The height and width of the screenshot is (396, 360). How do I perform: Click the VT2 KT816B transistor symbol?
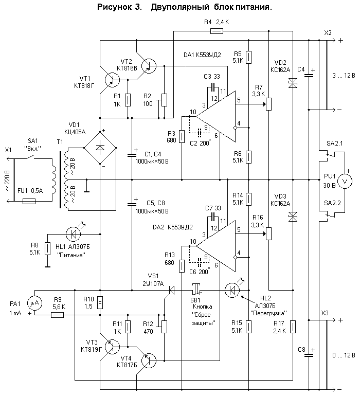click(149, 65)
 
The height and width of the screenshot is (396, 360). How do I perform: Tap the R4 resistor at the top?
click(217, 31)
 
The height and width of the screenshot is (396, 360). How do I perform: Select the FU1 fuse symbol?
click(29, 202)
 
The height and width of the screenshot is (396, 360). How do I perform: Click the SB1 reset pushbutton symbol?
click(196, 290)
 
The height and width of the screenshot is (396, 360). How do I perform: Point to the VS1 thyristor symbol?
click(171, 291)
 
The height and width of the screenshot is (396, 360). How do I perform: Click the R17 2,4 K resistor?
click(293, 326)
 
